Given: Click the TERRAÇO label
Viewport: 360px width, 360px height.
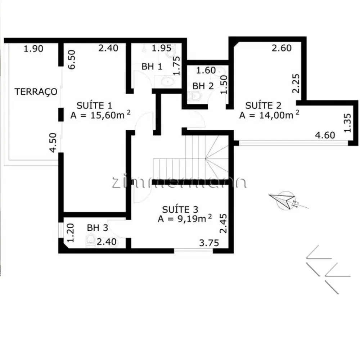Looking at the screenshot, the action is [x=36, y=92].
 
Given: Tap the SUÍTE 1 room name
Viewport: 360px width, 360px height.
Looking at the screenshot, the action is [x=94, y=105].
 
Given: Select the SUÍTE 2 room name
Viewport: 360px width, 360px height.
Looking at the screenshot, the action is [x=263, y=105].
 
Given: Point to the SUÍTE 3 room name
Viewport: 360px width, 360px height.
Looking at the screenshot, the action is [x=180, y=210].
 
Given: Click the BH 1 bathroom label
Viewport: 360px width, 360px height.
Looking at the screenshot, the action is [x=152, y=67].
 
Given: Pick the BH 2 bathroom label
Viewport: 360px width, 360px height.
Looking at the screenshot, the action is [x=203, y=86].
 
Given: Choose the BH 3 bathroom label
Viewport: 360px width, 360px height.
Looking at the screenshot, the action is [x=97, y=228].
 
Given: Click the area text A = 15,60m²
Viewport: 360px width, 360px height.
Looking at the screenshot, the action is [x=100, y=115].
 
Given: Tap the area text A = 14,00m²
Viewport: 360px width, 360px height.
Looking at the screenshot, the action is [x=269, y=115].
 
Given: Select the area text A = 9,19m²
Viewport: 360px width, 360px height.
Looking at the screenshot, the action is [x=185, y=219].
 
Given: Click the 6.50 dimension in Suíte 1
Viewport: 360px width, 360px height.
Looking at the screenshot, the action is [x=72, y=60].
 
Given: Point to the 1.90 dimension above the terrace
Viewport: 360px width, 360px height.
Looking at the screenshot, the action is [x=33, y=49].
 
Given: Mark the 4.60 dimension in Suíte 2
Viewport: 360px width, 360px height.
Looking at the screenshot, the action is [x=325, y=135].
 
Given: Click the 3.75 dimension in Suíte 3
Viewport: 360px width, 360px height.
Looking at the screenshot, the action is [x=209, y=243].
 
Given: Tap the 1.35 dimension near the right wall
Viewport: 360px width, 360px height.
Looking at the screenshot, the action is [x=348, y=123].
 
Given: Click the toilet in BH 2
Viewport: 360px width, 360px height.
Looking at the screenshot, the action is [x=194, y=96].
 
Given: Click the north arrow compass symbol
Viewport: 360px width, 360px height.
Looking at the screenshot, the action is [x=286, y=200].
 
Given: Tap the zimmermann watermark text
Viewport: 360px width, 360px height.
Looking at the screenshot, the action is [x=179, y=182].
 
